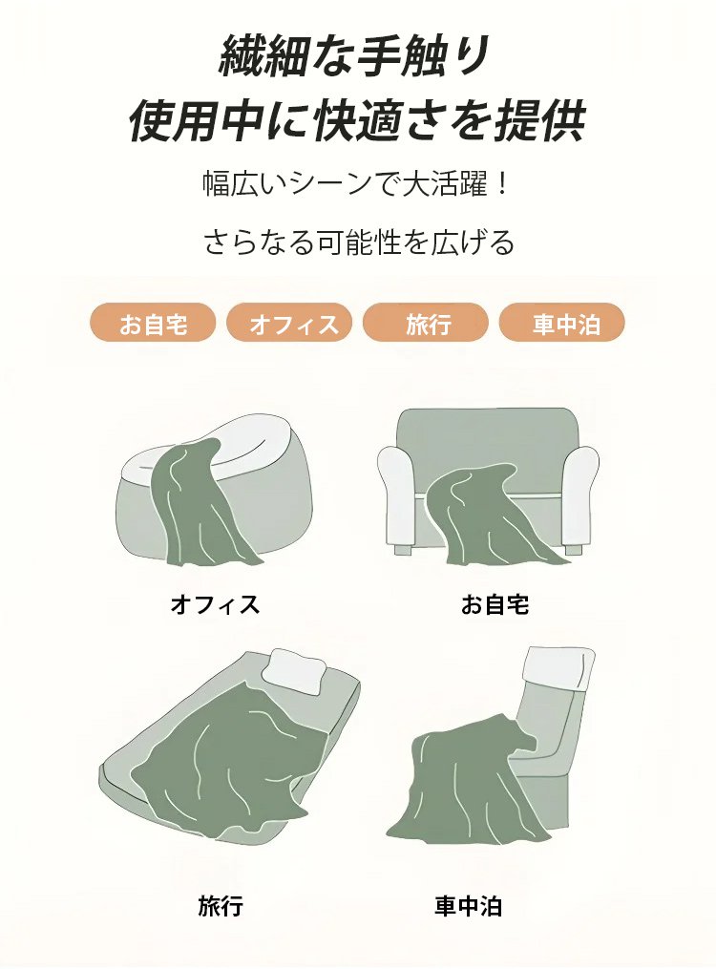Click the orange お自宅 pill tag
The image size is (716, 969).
154,324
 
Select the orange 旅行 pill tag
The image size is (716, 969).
427,324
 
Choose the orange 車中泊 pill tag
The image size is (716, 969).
563,324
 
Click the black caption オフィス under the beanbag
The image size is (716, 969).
214,603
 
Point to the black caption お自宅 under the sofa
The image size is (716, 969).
495,603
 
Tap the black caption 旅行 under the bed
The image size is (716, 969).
221,904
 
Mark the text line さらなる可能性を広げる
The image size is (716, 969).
358,242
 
